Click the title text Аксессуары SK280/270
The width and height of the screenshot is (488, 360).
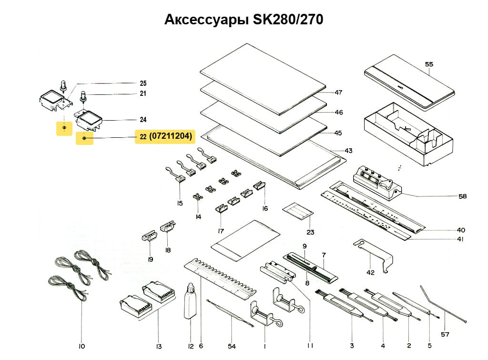[244, 20]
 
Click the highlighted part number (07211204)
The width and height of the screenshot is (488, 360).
[171, 136]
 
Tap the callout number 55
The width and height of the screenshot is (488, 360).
[429, 64]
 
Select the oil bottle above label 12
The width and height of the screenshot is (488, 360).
[190, 301]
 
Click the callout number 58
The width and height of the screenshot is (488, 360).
[462, 196]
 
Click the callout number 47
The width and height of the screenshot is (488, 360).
[338, 92]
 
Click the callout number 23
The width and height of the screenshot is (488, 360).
[310, 233]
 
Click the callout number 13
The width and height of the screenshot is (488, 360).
[159, 346]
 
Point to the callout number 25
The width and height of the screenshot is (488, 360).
[143, 83]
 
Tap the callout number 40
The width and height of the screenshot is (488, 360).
[461, 230]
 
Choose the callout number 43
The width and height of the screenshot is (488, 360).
[348, 151]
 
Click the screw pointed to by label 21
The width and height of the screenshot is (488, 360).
[82, 96]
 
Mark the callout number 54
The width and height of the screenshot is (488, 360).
[232, 346]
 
